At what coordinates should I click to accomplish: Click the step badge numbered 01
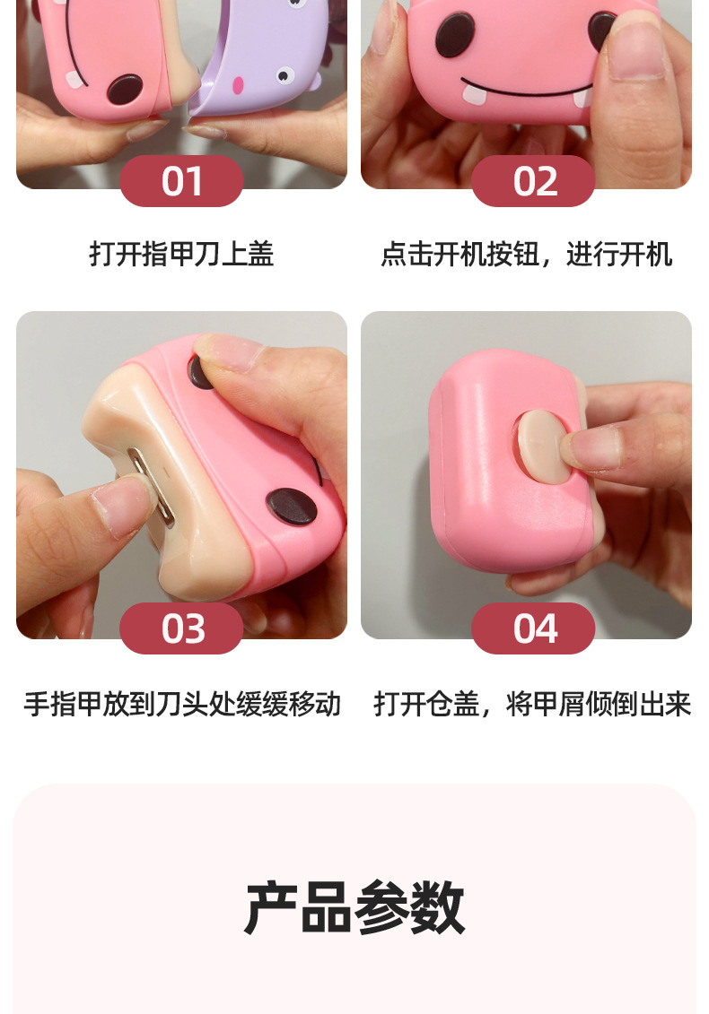tap(181, 181)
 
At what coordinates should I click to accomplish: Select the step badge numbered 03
tap(181, 628)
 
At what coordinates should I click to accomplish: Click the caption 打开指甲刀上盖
tap(181, 255)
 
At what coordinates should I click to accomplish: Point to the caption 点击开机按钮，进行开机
tap(526, 255)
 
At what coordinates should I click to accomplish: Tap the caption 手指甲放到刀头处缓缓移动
tap(181, 704)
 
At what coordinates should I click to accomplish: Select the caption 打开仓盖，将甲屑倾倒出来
tap(532, 704)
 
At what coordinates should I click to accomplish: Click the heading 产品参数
tap(354, 908)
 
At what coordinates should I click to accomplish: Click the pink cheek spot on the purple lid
tap(238, 85)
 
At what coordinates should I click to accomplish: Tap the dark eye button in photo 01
tap(124, 89)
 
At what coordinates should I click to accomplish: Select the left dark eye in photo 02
tap(454, 35)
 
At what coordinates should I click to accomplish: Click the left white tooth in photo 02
tap(474, 91)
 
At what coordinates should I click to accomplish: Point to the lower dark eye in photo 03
tap(292, 507)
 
